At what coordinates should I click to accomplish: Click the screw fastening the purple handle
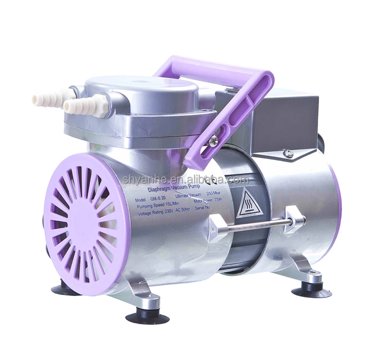(x=213, y=141)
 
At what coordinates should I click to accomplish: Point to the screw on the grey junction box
(x=288, y=154)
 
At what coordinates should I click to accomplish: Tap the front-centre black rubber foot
(x=147, y=316)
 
